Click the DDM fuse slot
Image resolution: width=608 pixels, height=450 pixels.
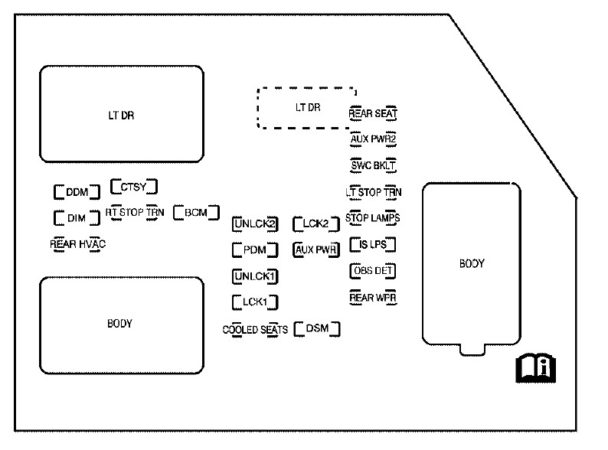pyautogui.click(x=77, y=191)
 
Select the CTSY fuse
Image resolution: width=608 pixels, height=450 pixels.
pyautogui.click(x=133, y=185)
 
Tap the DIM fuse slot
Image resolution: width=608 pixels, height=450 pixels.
pyautogui.click(x=77, y=218)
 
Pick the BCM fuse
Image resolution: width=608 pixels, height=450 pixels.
pyautogui.click(x=196, y=212)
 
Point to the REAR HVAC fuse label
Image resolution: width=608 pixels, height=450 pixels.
pyautogui.click(x=77, y=244)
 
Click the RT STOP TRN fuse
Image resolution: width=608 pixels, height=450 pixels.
pyautogui.click(x=135, y=212)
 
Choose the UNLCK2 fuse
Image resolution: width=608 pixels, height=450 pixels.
pyautogui.click(x=254, y=224)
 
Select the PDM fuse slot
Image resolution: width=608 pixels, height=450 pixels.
pyautogui.click(x=254, y=249)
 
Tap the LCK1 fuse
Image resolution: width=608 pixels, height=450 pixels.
pyautogui.click(x=254, y=302)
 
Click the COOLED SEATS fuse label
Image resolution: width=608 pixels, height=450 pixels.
pyautogui.click(x=255, y=330)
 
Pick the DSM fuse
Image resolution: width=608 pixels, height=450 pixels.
pyautogui.click(x=317, y=329)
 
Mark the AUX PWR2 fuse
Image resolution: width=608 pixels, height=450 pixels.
pyautogui.click(x=373, y=139)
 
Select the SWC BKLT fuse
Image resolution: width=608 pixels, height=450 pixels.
pyautogui.click(x=373, y=165)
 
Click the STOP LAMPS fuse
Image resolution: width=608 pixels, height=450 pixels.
pyautogui.click(x=373, y=218)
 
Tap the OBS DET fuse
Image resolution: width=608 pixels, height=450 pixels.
pyautogui.click(x=373, y=270)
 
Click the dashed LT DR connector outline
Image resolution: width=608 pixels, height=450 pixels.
pyautogui.click(x=306, y=108)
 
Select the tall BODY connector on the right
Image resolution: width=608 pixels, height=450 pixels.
pyautogui.click(x=472, y=265)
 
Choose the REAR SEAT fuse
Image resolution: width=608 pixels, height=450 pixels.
pyautogui.click(x=373, y=114)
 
